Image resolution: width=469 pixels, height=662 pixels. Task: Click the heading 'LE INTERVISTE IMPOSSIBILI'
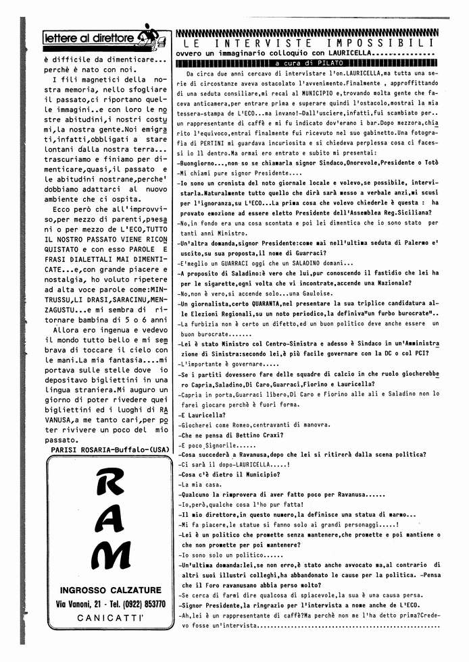click(x=307, y=43)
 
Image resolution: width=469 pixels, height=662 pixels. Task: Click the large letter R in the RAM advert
click(x=108, y=484)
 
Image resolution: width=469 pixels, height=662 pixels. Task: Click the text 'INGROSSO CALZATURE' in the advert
click(x=109, y=588)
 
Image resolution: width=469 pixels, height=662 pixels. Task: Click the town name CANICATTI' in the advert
click(x=108, y=618)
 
